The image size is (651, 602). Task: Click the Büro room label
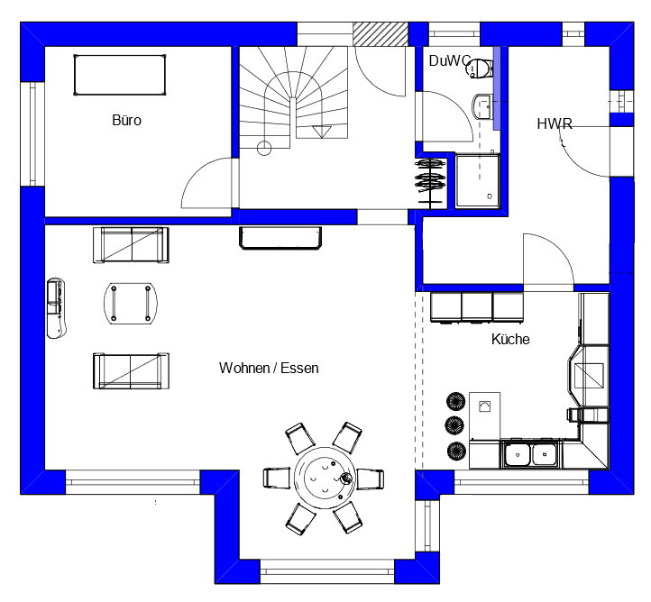126,120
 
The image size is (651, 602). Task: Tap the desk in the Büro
119,74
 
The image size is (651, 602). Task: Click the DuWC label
449,60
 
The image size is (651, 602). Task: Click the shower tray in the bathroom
477,180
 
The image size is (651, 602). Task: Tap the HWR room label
554,124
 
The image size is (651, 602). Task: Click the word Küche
510,340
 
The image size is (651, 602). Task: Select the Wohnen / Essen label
269,368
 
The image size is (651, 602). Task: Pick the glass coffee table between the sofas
129,302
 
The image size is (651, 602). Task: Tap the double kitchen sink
531,453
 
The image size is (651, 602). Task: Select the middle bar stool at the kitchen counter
453,424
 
